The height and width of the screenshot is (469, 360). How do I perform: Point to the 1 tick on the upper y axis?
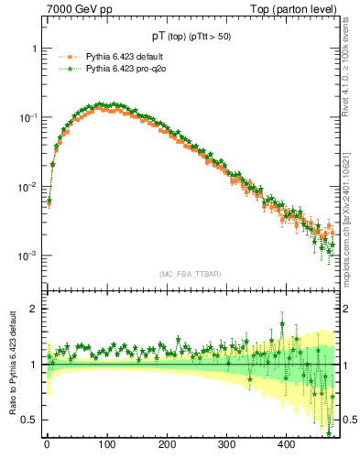click(34, 48)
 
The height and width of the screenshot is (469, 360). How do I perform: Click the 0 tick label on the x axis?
click(47, 444)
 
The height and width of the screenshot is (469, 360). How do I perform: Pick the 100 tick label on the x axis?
click(107, 444)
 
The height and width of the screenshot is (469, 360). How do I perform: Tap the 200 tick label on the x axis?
click(167, 444)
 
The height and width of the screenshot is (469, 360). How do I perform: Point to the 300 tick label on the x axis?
click(226, 444)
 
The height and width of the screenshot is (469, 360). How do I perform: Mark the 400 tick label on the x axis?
click(286, 444)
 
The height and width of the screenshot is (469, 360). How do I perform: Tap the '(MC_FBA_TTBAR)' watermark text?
click(190, 274)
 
